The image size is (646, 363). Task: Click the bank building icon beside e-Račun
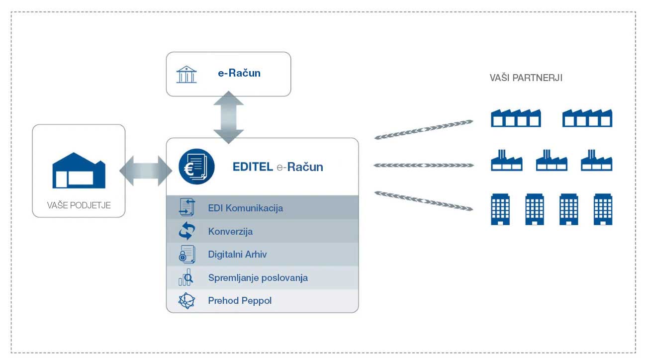point(186,74)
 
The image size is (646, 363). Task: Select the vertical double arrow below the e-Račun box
point(228,117)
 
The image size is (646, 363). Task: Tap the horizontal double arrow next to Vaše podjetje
point(145,171)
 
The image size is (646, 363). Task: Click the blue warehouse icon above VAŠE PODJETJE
point(79,170)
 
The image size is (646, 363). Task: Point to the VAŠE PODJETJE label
point(79,204)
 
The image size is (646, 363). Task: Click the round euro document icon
point(196,167)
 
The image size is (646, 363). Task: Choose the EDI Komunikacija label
point(245,208)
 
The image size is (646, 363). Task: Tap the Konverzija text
point(230,231)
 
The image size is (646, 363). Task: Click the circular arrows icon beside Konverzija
point(187,231)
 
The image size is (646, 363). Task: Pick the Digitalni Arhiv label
point(237,254)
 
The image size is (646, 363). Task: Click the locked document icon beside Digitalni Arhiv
point(187,254)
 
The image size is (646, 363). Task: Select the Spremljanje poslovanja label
point(258,277)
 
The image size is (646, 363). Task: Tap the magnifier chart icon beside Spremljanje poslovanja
point(186,277)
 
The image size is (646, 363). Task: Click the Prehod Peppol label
point(240,301)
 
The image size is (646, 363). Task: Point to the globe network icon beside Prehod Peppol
point(186,301)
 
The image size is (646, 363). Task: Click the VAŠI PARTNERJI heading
point(526,78)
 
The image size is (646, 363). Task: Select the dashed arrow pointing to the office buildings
point(423,200)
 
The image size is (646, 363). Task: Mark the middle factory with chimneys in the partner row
point(551,160)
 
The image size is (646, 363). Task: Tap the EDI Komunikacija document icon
point(186,207)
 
